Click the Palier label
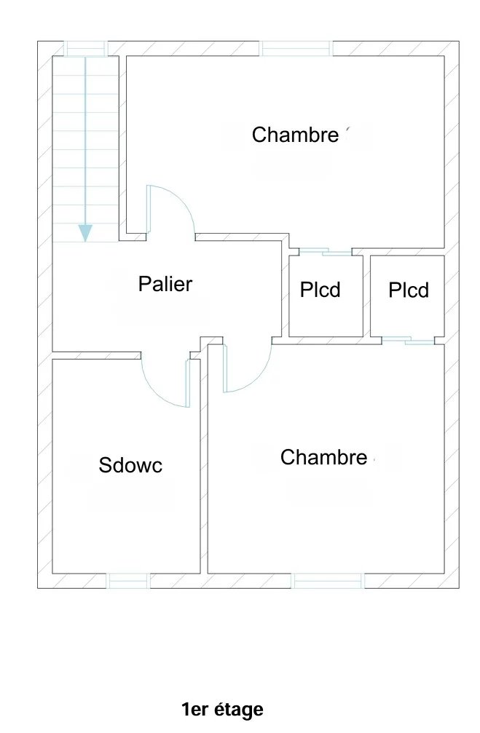165,284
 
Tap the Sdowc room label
130,464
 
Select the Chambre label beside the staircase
295,135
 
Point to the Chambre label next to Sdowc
323,457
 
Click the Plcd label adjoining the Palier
320,290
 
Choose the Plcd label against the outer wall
409,290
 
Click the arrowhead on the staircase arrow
85,233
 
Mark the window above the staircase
86,49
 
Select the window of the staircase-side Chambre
296,49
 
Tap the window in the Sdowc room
129,581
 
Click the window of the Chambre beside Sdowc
329,581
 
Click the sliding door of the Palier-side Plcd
326,253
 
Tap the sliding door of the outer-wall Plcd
409,341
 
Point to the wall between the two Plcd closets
367,296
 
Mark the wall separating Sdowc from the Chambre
204,466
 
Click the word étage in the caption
239,710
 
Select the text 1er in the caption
194,710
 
